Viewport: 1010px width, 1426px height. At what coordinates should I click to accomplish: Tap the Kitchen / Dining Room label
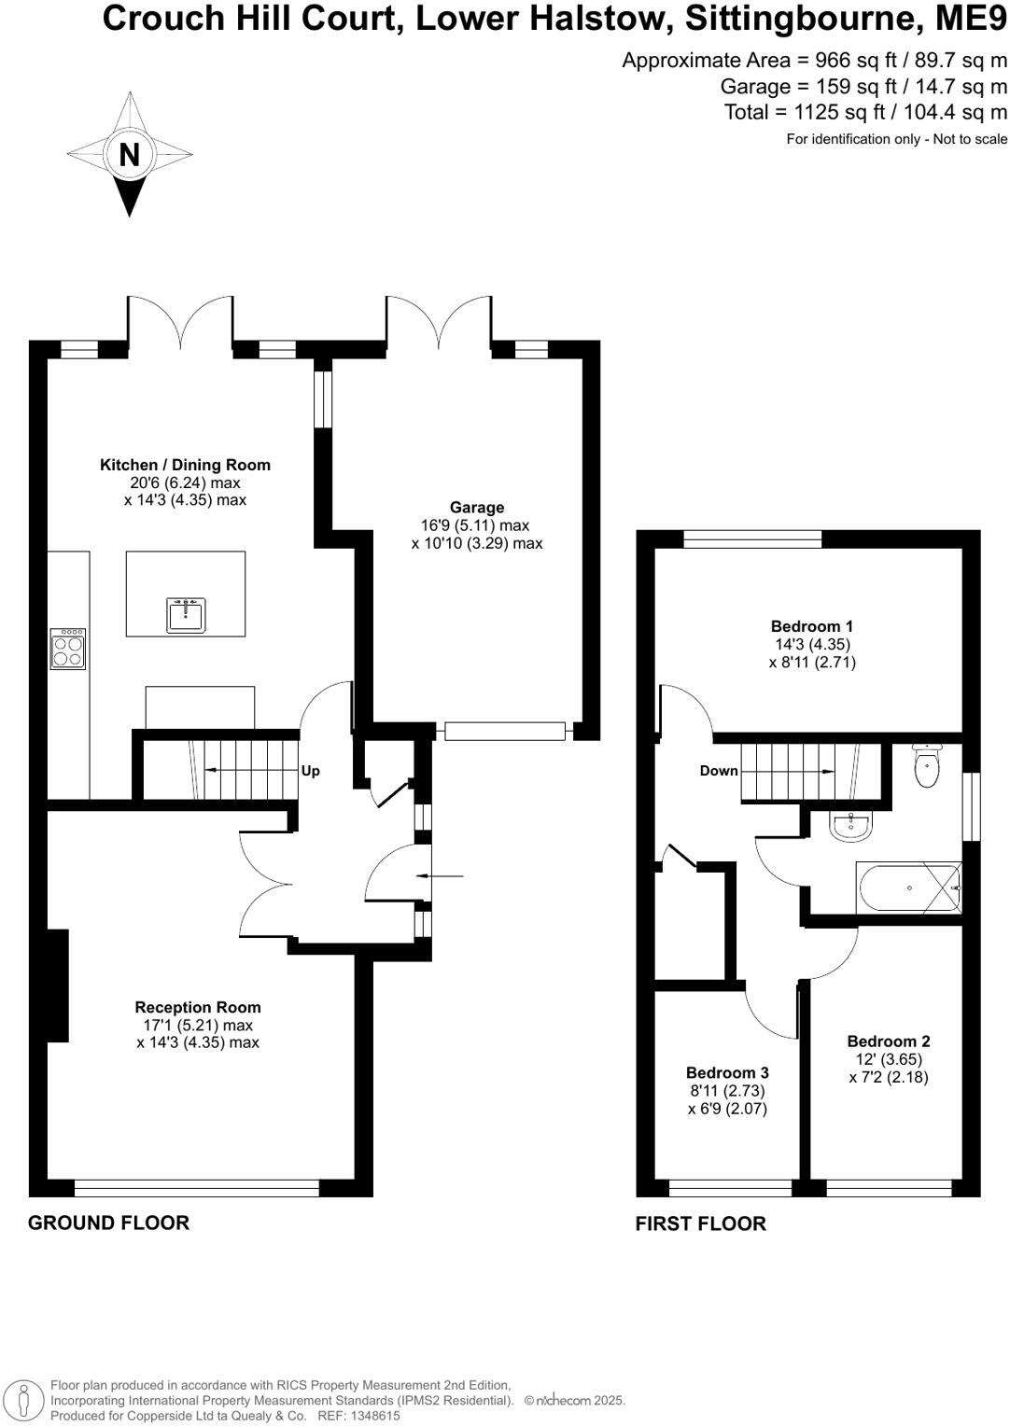185,465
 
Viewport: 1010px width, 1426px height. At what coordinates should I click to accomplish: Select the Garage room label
476,508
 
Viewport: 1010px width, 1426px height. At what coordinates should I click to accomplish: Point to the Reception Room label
198,1007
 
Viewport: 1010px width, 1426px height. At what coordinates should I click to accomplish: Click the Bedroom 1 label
811,626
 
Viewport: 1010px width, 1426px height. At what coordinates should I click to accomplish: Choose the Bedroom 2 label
888,1042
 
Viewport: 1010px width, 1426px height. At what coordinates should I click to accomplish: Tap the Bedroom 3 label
727,1073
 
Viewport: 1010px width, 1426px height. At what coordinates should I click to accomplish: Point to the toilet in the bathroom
926,767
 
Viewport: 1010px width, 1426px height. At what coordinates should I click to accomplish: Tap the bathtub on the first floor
908,888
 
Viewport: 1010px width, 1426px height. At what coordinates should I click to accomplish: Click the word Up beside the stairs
311,771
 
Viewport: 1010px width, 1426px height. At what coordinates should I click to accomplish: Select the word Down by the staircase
719,771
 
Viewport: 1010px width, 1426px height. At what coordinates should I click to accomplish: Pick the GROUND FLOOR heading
108,1223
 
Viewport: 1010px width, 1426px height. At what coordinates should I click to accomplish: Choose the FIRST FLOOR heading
700,1223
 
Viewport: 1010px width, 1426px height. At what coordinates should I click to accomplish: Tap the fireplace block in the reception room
58,985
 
